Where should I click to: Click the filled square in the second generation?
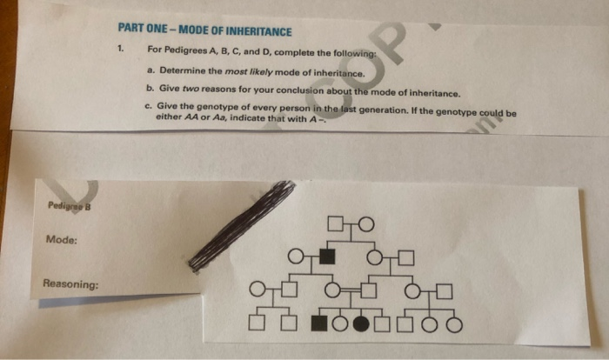328,256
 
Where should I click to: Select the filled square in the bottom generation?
319,325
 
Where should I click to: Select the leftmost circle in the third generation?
257,290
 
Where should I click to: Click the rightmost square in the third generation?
444,290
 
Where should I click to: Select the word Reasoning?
70,283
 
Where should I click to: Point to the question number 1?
123,49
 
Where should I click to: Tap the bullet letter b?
151,90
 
